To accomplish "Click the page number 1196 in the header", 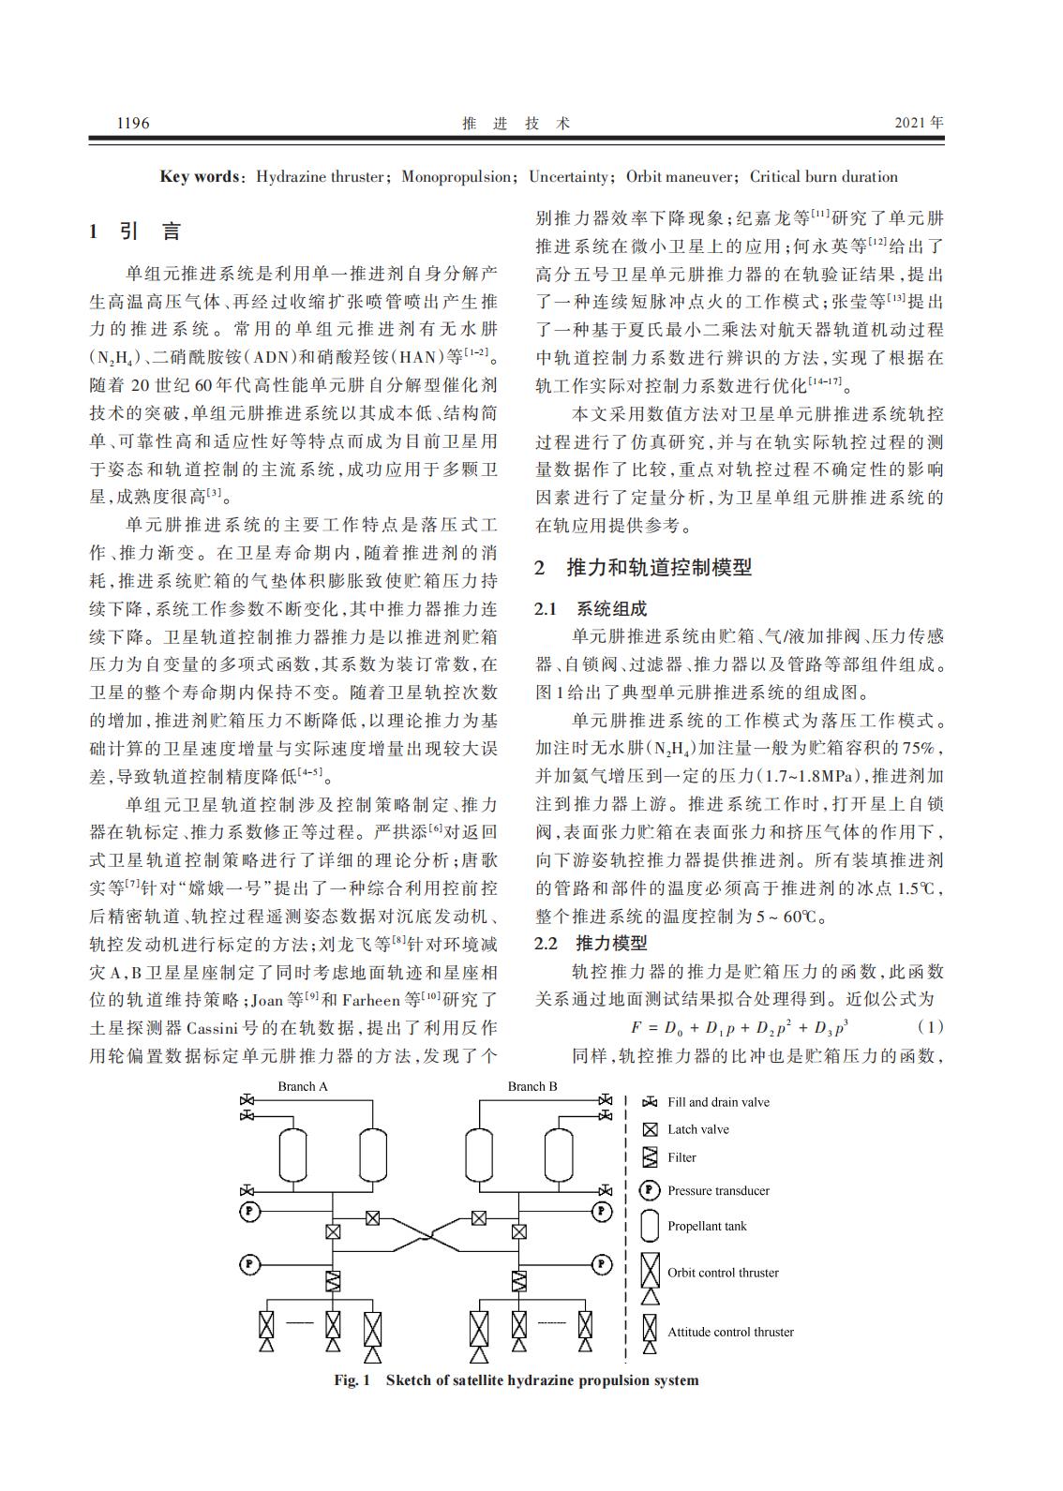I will coord(132,123).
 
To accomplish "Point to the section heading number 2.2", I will coord(546,943).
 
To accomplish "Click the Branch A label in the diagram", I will coord(303,1087).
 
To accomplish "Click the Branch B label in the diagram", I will coord(532,1087).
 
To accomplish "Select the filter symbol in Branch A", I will coord(333,1280).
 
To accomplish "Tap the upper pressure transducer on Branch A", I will coord(250,1211).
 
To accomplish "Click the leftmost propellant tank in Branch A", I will coord(293,1155).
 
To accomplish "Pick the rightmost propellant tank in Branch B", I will coord(560,1155).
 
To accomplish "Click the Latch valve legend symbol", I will coord(650,1130).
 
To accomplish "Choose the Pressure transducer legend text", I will coord(718,1191).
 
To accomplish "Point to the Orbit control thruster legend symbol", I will coord(650,1277).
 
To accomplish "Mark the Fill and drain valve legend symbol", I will coord(650,1102).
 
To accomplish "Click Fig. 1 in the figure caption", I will coord(352,1380).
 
